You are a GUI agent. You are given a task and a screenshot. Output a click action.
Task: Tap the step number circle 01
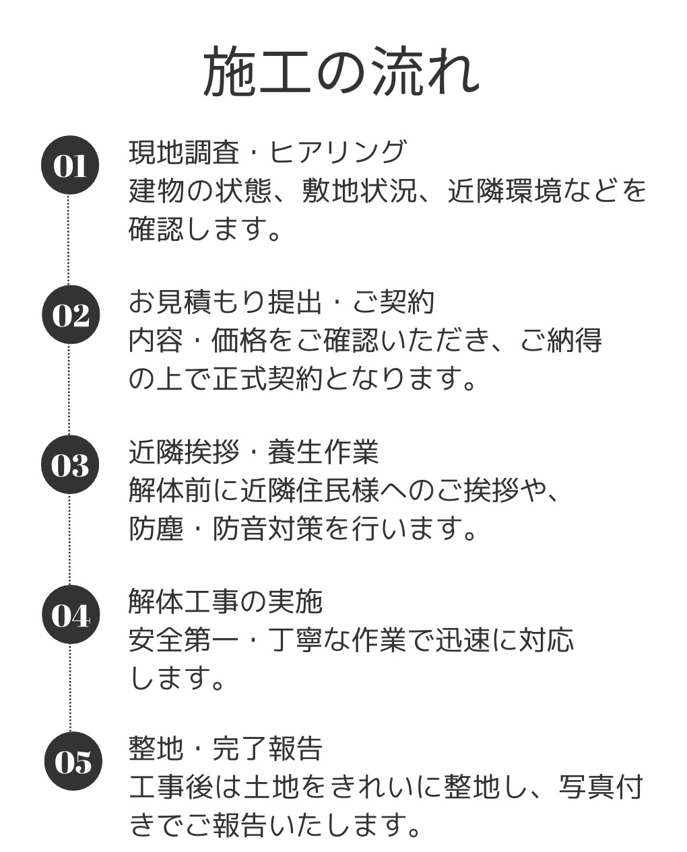(x=70, y=166)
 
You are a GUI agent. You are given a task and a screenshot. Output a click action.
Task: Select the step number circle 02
(x=70, y=315)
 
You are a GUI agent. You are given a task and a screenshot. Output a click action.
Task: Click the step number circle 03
(x=70, y=465)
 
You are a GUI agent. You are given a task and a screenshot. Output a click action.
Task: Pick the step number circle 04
(x=70, y=615)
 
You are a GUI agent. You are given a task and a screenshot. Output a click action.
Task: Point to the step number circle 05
(x=72, y=762)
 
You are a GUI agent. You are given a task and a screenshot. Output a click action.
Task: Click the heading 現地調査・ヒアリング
(x=267, y=152)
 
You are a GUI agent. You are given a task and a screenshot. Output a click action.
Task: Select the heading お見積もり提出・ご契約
(x=282, y=302)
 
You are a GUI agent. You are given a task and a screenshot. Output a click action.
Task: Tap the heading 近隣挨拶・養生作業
(x=253, y=452)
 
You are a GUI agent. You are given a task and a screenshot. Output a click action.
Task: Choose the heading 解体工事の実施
(x=226, y=601)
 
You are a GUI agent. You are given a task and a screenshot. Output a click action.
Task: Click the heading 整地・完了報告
(x=226, y=748)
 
